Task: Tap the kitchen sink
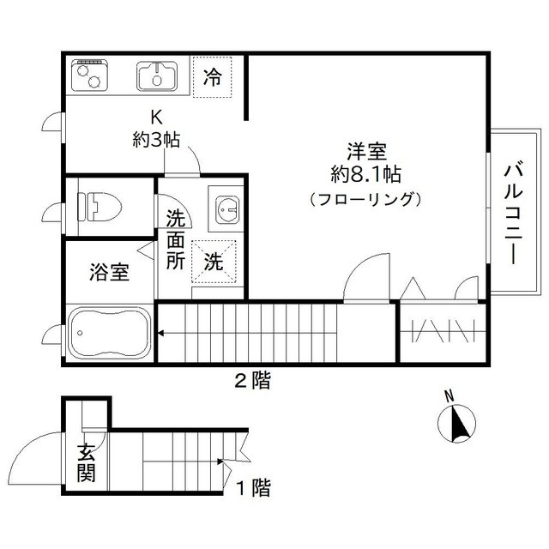(156, 76)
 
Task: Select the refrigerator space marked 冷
(212, 76)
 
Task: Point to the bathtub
(108, 332)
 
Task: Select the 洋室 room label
(366, 152)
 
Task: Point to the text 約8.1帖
(366, 175)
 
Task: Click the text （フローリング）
(366, 200)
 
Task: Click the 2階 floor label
(253, 381)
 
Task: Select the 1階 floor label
(254, 489)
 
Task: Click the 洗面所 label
(176, 239)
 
